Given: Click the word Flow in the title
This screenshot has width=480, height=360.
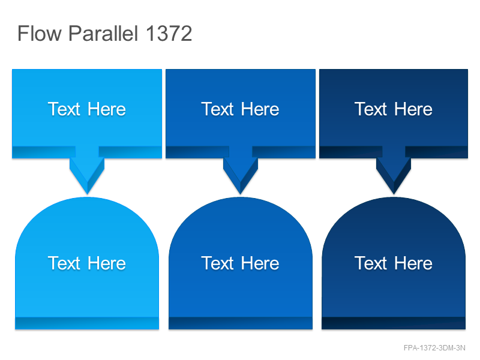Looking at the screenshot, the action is (40, 33).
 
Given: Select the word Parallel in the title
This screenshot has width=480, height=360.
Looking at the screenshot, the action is (103, 33).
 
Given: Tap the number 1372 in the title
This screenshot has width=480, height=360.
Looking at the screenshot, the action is (169, 33).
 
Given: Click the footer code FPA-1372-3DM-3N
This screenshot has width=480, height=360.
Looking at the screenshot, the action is (434, 348).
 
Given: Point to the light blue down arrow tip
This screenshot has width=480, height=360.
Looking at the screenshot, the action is (87, 194).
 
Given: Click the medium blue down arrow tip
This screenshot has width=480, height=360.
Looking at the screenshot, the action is (241, 194).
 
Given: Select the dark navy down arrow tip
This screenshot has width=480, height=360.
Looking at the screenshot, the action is (394, 194).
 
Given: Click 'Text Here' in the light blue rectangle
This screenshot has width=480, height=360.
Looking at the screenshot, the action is (87, 109).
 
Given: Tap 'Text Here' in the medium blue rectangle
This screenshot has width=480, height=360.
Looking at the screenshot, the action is (241, 109).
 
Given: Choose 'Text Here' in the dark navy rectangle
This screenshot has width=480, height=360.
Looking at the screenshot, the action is (394, 109).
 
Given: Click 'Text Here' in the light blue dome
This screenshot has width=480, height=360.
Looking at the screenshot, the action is (87, 263).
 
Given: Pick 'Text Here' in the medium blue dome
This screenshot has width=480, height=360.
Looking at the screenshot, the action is (241, 263).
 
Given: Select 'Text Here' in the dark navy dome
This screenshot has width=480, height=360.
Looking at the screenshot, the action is (394, 263).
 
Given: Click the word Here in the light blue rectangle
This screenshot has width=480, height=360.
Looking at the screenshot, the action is (107, 109).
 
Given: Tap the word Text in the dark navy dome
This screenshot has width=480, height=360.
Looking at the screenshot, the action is (371, 263).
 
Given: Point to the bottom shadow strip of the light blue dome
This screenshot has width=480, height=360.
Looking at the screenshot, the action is (87, 323).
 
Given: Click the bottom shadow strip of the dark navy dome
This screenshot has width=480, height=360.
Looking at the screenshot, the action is (394, 323).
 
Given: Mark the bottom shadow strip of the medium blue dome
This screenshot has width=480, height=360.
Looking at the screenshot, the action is (241, 323).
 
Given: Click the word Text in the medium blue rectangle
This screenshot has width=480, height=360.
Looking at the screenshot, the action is (217, 109).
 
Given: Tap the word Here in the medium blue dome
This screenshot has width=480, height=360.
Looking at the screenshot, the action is (260, 263).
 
